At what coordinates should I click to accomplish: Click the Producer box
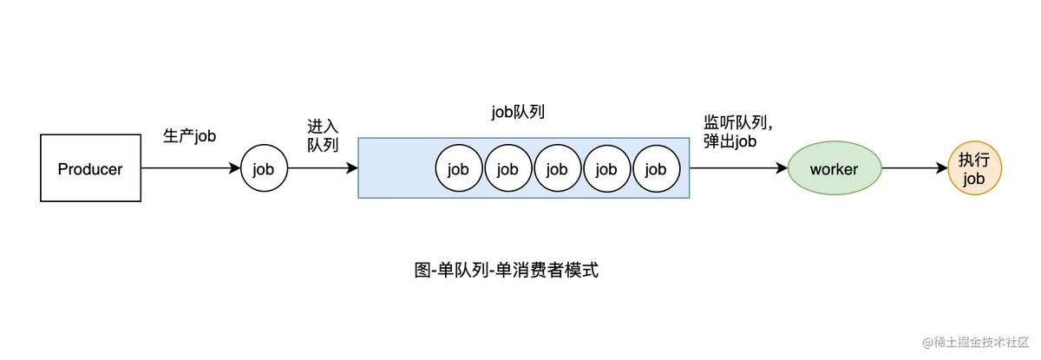(90, 168)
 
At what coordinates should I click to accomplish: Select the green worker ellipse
(835, 168)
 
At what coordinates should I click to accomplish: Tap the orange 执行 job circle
(974, 168)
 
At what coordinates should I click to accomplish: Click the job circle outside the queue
(264, 168)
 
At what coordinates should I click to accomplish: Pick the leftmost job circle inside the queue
(459, 168)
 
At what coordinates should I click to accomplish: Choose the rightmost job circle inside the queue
(656, 168)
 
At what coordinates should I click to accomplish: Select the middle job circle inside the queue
(558, 168)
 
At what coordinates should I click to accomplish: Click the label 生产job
(190, 136)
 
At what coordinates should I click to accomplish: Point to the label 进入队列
(323, 135)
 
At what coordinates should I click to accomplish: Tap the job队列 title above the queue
(518, 112)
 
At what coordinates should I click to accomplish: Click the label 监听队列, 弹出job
(737, 132)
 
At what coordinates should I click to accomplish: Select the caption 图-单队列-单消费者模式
(506, 270)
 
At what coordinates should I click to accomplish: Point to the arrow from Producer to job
(191, 168)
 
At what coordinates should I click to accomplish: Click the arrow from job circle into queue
(323, 168)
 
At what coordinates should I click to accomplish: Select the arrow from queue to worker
(738, 168)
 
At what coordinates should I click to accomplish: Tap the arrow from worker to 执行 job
(914, 168)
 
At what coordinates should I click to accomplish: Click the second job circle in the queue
(508, 168)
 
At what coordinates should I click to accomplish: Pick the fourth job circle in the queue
(607, 168)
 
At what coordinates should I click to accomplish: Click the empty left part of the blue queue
(396, 168)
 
